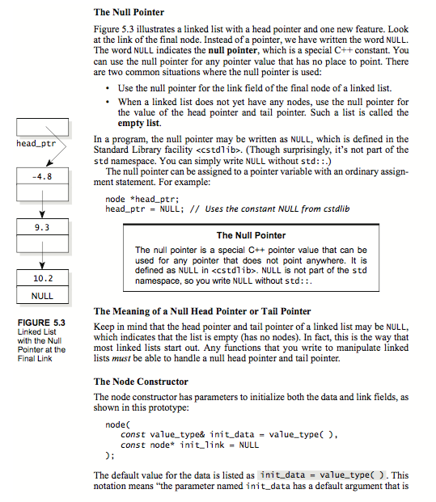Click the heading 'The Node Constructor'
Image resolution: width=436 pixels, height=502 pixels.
pos(141,382)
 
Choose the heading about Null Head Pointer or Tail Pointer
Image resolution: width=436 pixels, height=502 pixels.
pos(202,311)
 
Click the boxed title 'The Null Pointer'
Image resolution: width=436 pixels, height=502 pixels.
pos(251,235)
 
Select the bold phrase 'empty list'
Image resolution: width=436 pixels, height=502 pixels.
pos(140,124)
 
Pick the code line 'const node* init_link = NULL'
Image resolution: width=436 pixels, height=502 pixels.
pos(188,445)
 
